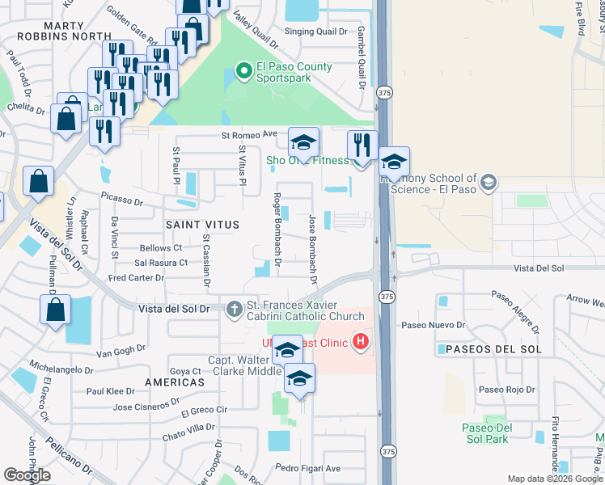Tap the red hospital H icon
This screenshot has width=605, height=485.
(x=362, y=344)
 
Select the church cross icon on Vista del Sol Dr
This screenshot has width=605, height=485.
(x=235, y=308)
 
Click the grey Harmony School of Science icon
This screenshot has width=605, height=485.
(x=488, y=183)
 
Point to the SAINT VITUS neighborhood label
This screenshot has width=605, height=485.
(x=202, y=225)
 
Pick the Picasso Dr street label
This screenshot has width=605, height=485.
(x=121, y=198)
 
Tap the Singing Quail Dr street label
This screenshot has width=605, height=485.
(x=315, y=32)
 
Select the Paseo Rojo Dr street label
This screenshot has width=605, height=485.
(x=506, y=389)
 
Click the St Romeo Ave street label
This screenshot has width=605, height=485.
(x=250, y=135)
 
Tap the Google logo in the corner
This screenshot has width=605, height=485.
(x=27, y=476)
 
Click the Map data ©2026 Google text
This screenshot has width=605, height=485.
(x=554, y=479)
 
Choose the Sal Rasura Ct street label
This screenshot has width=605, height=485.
(x=161, y=263)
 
